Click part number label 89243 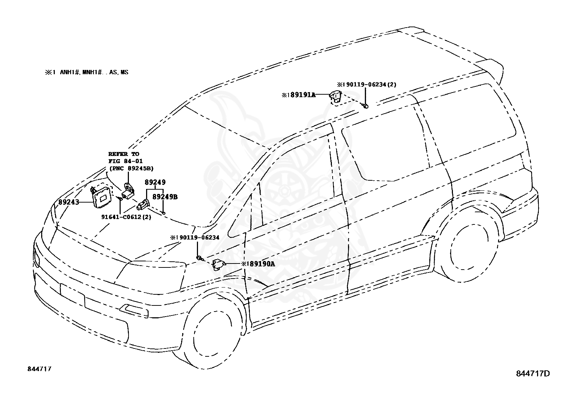pyautogui.click(x=69, y=202)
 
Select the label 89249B pyautogui.click(x=165, y=197)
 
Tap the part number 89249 pyautogui.click(x=155, y=182)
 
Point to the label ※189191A pyautogui.click(x=298, y=95)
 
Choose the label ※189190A pyautogui.click(x=258, y=264)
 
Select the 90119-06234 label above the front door pyautogui.click(x=195, y=237)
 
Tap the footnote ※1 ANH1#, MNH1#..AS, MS pyautogui.click(x=86, y=72)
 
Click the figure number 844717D pyautogui.click(x=533, y=374)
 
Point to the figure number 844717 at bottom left pyautogui.click(x=39, y=369)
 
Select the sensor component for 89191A pyautogui.click(x=335, y=96)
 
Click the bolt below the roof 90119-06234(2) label pyautogui.click(x=365, y=106)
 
